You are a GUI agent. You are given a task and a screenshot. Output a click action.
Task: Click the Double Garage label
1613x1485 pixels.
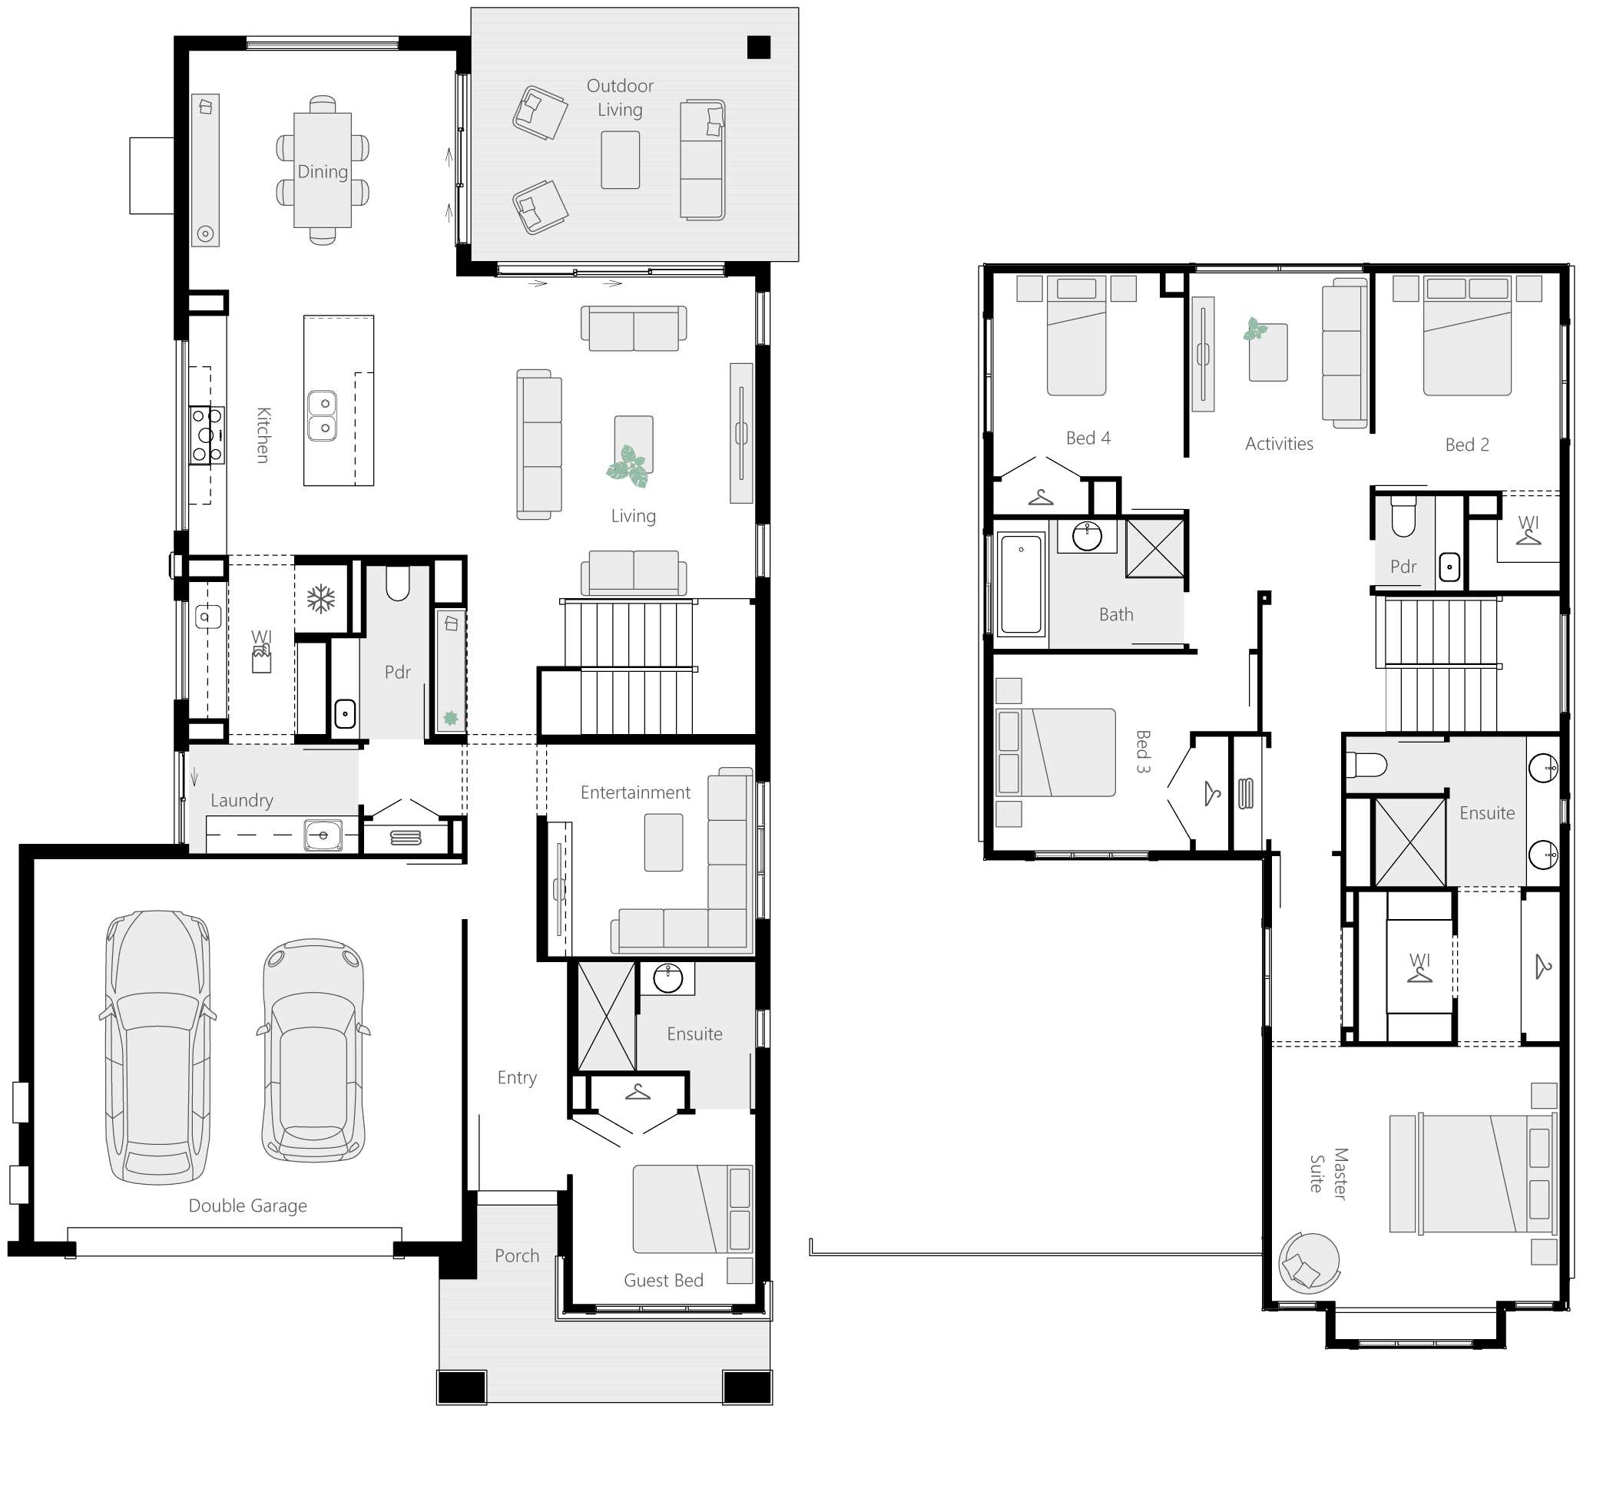(x=247, y=1206)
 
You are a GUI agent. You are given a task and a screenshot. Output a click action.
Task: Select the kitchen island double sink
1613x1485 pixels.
(x=323, y=415)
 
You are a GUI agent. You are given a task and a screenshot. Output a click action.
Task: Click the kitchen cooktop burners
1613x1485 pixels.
(x=207, y=435)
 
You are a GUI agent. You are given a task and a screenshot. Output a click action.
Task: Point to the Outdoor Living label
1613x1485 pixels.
(x=620, y=98)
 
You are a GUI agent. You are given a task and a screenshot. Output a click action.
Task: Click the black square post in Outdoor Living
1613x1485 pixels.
(x=758, y=48)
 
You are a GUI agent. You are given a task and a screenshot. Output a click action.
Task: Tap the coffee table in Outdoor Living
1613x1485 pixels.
(x=621, y=160)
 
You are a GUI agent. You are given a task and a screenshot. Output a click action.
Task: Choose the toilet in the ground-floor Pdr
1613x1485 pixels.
(x=398, y=584)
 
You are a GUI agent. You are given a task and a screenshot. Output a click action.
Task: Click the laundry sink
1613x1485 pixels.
(x=323, y=835)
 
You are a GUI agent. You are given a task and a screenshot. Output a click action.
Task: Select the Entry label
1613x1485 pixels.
(x=517, y=1077)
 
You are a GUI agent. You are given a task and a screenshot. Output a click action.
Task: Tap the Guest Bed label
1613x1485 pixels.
(x=663, y=1280)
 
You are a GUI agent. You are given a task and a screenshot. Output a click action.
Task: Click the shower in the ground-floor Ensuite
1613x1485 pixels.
(x=606, y=1017)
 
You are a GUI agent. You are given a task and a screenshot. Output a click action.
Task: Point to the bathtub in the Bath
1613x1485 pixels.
(x=1021, y=584)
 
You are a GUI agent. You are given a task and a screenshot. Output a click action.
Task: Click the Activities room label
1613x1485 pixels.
(x=1279, y=444)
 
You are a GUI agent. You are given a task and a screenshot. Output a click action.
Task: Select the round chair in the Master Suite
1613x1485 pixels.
(x=1308, y=1262)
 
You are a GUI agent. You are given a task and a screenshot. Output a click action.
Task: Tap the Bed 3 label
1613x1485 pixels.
(x=1143, y=752)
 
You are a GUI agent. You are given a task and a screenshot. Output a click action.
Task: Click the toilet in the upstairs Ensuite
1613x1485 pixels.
(x=1367, y=764)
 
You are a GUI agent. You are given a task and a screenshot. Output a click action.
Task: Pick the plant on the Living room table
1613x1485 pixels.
(x=628, y=467)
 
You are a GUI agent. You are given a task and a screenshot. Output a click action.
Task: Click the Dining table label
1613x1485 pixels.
(x=323, y=171)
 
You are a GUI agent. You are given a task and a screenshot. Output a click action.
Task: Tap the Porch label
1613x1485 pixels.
(x=517, y=1255)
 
